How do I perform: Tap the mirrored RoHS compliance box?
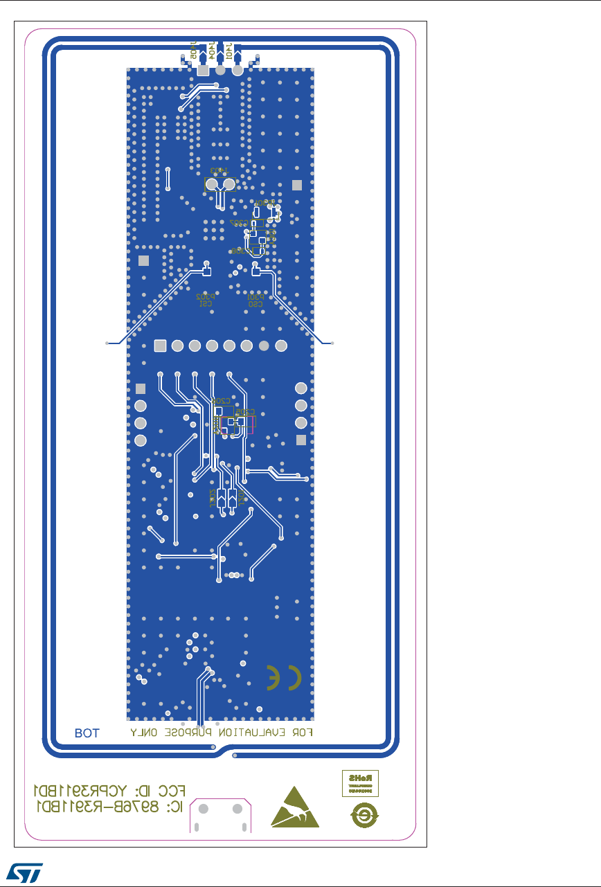tap(361, 782)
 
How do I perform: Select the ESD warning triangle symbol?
tap(296, 807)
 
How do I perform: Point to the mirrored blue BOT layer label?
tap(87, 733)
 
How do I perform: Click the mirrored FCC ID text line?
tap(110, 791)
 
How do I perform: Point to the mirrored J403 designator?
tap(219, 170)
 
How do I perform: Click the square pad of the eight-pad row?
tap(160, 346)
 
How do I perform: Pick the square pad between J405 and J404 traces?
tap(203, 71)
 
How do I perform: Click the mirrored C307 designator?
tap(239, 223)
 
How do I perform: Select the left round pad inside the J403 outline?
tap(212, 185)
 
